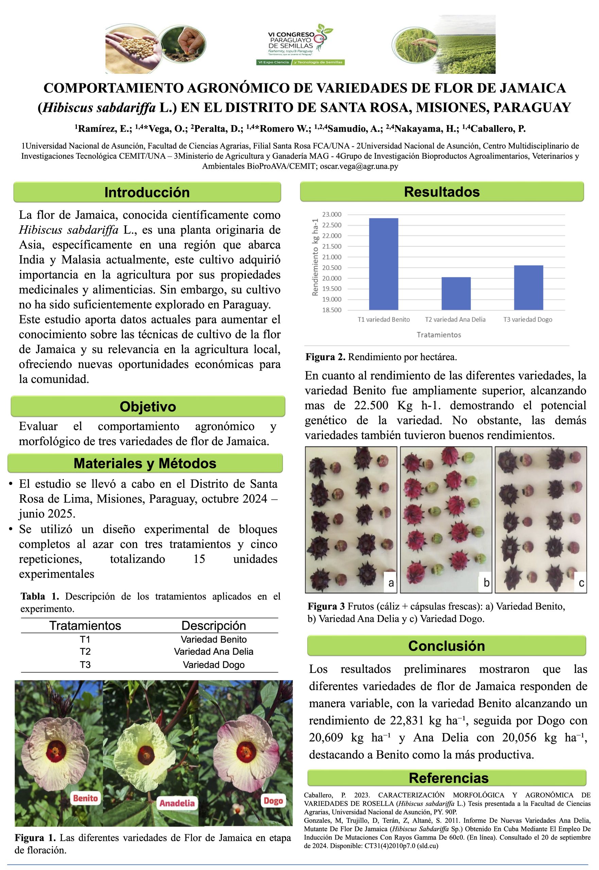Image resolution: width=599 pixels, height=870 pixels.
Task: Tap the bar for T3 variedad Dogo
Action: coord(528,288)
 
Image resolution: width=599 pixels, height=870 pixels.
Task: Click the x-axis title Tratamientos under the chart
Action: coord(439,335)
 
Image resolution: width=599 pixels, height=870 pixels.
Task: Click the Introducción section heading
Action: coord(147,192)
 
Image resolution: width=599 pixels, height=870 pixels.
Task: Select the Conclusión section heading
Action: coord(446,646)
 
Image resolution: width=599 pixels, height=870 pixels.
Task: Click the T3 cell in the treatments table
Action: coord(85,665)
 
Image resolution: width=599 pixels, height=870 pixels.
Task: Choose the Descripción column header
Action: coord(213,625)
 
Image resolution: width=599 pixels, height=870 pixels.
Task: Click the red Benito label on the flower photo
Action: coord(86,798)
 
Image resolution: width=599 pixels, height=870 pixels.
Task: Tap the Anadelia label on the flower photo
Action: coord(177,803)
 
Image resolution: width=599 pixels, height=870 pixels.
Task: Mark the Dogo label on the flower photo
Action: coord(273,801)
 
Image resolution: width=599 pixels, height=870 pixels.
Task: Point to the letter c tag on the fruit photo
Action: coord(581,582)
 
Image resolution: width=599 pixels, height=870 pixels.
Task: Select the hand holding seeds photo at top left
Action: coord(131,48)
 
